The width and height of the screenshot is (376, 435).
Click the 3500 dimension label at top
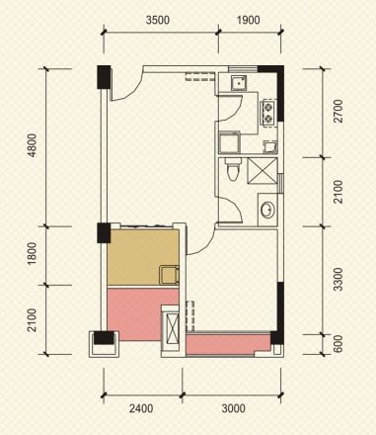158,20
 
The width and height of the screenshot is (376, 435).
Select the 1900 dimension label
248,20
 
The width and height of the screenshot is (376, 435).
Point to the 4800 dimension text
33,145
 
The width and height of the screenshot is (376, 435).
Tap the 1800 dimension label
33,254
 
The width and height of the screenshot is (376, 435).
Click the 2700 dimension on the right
338,111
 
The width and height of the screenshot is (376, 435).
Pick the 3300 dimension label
338,279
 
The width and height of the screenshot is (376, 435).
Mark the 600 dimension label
338,344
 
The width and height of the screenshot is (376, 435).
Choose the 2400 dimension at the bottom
141,408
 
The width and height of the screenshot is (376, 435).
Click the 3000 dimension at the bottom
233,408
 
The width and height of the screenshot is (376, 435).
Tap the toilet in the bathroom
233,169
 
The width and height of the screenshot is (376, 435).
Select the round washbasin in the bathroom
267,210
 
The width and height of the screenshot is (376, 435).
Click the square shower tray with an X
263,170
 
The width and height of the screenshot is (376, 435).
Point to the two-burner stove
268,113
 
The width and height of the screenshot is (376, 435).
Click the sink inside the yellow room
169,275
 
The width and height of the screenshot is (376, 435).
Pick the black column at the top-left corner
104,77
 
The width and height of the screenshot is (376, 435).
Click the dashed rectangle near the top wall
199,77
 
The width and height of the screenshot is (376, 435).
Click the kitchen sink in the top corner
239,83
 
